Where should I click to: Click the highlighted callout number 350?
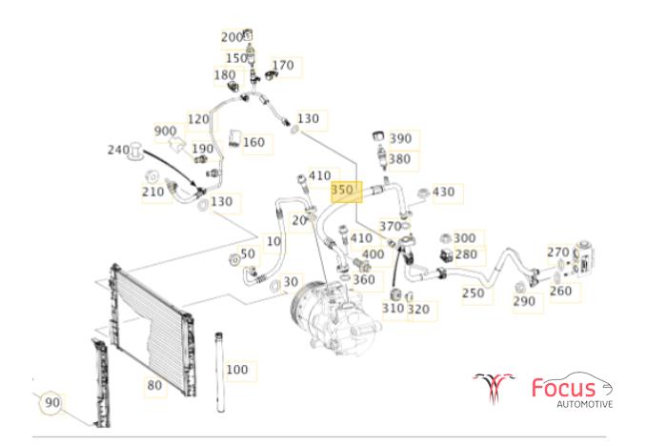point(342,190)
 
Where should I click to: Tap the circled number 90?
point(51,402)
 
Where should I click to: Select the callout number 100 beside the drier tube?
point(237,370)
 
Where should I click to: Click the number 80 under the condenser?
point(154,385)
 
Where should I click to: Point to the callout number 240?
point(118,150)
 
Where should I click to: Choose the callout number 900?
point(166,131)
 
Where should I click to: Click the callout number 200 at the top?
point(232,37)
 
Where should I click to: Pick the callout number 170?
point(283,65)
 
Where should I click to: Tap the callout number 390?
point(401,139)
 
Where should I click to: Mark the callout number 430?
point(444,192)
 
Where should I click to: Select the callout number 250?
point(474,293)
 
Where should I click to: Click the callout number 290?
point(524,302)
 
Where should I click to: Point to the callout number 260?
point(560,291)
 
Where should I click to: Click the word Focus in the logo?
point(564,388)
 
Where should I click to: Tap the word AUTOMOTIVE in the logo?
point(585,404)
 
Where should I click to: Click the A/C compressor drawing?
point(336,317)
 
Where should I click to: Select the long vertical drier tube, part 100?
point(220,372)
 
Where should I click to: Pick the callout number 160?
point(254,142)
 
